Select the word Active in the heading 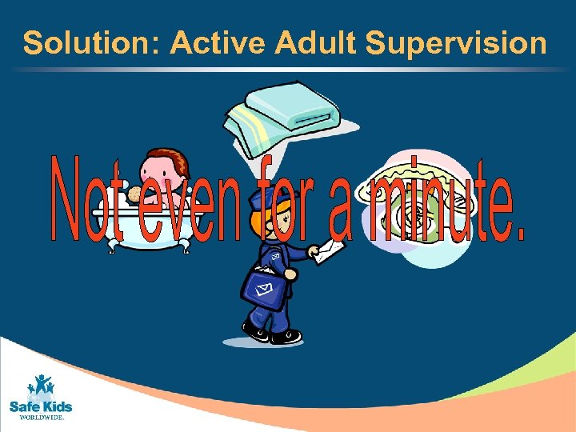(x=218, y=43)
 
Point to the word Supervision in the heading (x=457, y=43)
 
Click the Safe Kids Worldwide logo (x=40, y=395)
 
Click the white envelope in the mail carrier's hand (x=328, y=252)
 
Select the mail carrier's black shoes (x=272, y=334)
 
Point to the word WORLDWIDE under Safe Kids (x=40, y=417)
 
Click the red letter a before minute (x=341, y=216)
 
